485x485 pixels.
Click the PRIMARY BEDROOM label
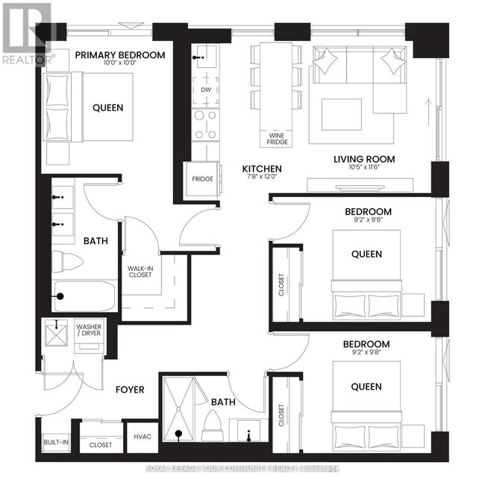(x=119, y=54)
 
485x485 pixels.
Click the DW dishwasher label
(x=206, y=90)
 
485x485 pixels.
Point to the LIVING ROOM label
(x=364, y=159)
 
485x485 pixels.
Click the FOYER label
(x=129, y=389)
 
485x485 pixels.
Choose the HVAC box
(x=143, y=436)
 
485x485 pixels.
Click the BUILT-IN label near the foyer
(x=56, y=442)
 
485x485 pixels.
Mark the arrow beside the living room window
(x=428, y=111)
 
